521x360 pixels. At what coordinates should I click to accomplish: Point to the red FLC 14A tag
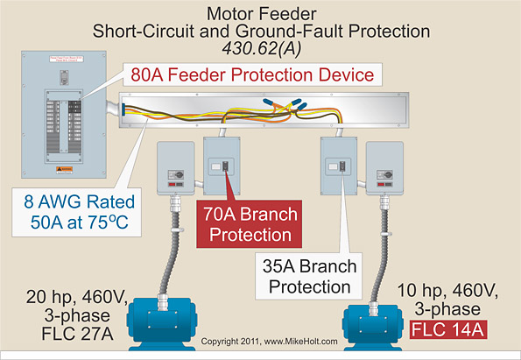click(x=448, y=330)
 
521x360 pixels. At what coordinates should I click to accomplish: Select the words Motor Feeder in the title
click(x=260, y=12)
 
